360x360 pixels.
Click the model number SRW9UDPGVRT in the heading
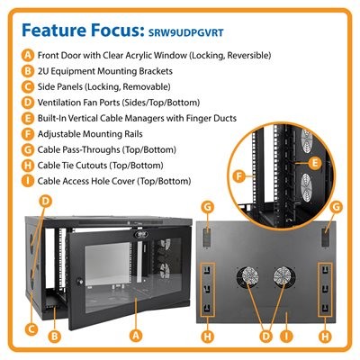186,32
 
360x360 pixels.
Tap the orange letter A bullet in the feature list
28,56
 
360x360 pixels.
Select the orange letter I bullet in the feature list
28,181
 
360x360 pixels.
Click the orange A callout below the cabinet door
136,335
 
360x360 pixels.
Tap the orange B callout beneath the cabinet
54,337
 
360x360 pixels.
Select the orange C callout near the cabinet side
31,329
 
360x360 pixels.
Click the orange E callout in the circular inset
315,163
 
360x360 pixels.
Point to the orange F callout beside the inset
239,176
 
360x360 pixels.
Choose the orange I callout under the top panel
286,336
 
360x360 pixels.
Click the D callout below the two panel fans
265,336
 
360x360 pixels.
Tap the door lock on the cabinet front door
80,282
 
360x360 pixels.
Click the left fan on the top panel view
248,276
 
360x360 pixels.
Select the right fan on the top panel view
283,276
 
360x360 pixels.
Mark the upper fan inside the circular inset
307,141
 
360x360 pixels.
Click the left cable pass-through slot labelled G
207,237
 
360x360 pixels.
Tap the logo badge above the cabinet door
138,233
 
